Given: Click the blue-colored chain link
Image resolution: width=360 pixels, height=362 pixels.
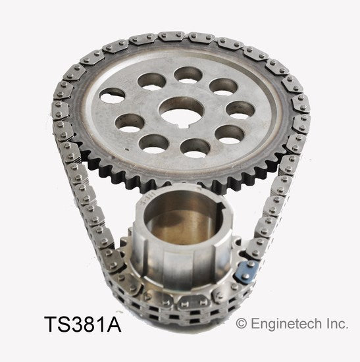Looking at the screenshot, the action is point(246,272).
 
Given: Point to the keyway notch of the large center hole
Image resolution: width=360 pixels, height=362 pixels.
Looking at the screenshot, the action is point(185,125).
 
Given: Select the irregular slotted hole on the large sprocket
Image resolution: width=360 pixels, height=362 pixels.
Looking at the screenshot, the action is point(113,95).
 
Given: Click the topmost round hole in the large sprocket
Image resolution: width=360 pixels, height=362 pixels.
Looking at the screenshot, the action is point(188,75).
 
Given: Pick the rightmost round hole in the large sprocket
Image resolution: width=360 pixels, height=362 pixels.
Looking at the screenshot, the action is point(240,110).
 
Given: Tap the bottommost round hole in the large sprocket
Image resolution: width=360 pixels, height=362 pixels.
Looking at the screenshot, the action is point(195,147).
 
